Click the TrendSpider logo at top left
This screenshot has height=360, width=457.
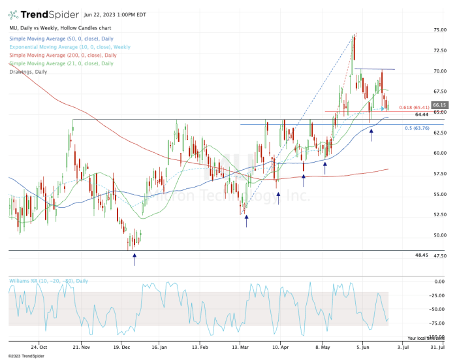pos(39,14)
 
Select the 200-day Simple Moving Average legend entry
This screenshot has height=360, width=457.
pos(61,56)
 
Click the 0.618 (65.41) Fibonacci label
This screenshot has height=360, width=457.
pos(413,107)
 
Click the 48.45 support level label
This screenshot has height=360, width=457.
pos(421,255)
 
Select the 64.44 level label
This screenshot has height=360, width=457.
pos(421,114)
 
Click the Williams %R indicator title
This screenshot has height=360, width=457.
pos(48,281)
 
